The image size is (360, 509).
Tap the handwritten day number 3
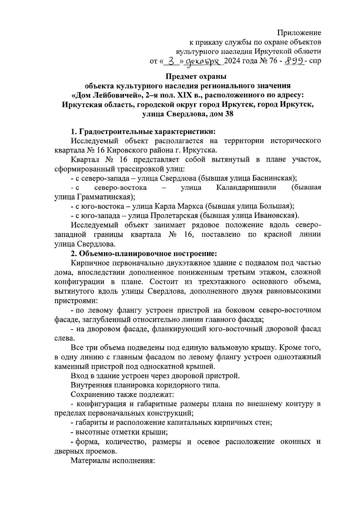tap(171, 62)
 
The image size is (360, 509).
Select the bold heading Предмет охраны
tap(188, 77)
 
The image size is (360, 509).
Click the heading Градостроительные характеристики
tap(147, 132)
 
